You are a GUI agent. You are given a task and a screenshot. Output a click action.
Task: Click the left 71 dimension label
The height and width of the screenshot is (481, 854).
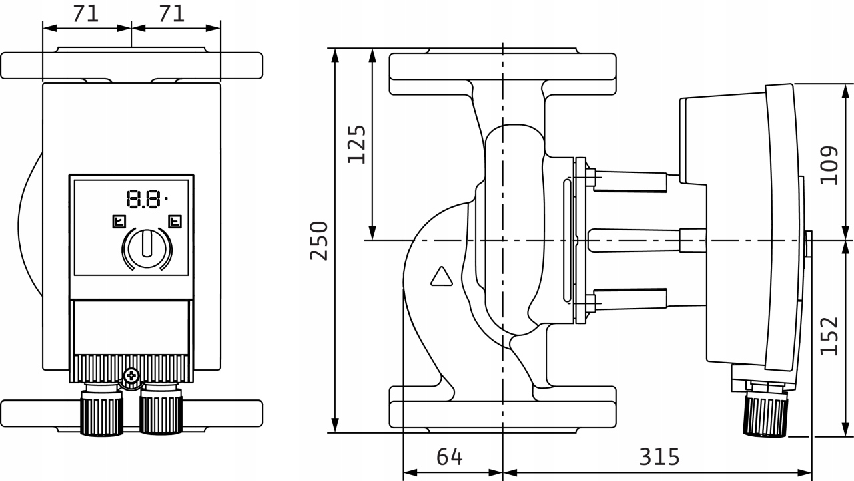point(86,13)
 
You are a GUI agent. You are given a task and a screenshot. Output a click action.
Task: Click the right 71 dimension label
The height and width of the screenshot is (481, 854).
point(172,13)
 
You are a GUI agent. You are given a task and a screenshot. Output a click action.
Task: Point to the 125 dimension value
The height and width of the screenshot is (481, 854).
point(356,144)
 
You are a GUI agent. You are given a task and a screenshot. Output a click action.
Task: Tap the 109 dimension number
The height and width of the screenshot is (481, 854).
point(829,165)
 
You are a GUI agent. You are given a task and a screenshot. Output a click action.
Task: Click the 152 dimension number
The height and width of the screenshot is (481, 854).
point(829,335)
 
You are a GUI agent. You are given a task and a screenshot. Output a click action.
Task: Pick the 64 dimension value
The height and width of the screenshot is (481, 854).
point(450,457)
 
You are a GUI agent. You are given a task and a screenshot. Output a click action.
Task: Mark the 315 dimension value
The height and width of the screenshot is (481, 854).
point(659,457)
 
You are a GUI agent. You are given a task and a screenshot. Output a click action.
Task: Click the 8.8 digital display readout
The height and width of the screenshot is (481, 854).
point(145,198)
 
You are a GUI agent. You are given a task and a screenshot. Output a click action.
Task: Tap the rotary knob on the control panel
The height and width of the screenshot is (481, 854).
point(147,245)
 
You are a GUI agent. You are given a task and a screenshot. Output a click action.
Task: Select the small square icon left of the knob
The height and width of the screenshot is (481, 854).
point(117,220)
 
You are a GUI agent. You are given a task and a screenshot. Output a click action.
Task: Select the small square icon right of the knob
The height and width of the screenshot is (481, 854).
point(175,220)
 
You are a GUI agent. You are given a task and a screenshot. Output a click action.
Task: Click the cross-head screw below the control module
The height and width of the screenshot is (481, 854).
point(131,376)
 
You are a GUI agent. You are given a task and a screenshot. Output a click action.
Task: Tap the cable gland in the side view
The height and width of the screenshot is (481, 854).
point(765,414)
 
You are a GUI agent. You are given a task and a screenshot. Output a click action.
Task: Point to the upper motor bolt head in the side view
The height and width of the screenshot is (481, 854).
point(590,176)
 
